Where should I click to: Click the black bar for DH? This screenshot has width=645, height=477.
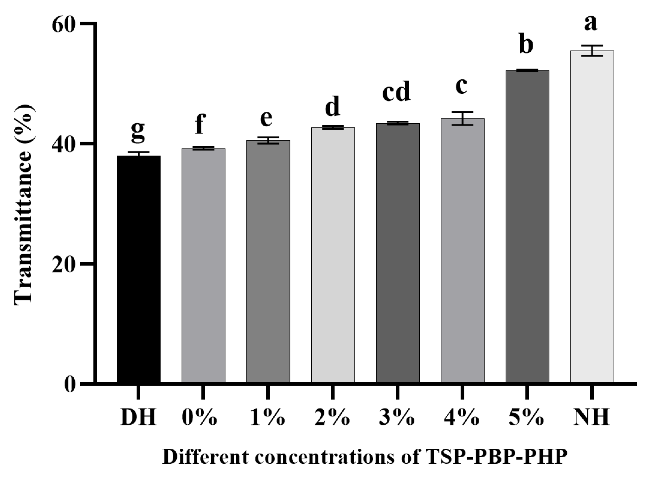tap(138, 269)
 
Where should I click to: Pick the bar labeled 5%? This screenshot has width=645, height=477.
tap(527, 226)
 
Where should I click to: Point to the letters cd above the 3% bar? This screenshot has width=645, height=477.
tap(396, 92)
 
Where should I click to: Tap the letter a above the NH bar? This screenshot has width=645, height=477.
tap(590, 23)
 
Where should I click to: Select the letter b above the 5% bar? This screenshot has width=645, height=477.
tap(526, 45)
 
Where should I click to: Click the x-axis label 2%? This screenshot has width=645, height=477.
tap(332, 418)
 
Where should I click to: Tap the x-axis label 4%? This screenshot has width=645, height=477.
tap(462, 418)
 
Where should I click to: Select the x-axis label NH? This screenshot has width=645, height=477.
tap(592, 418)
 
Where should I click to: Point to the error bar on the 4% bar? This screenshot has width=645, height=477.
tap(463, 118)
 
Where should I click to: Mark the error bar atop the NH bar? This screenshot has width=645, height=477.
tap(592, 51)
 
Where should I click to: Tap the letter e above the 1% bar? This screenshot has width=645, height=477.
tap(266, 119)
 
